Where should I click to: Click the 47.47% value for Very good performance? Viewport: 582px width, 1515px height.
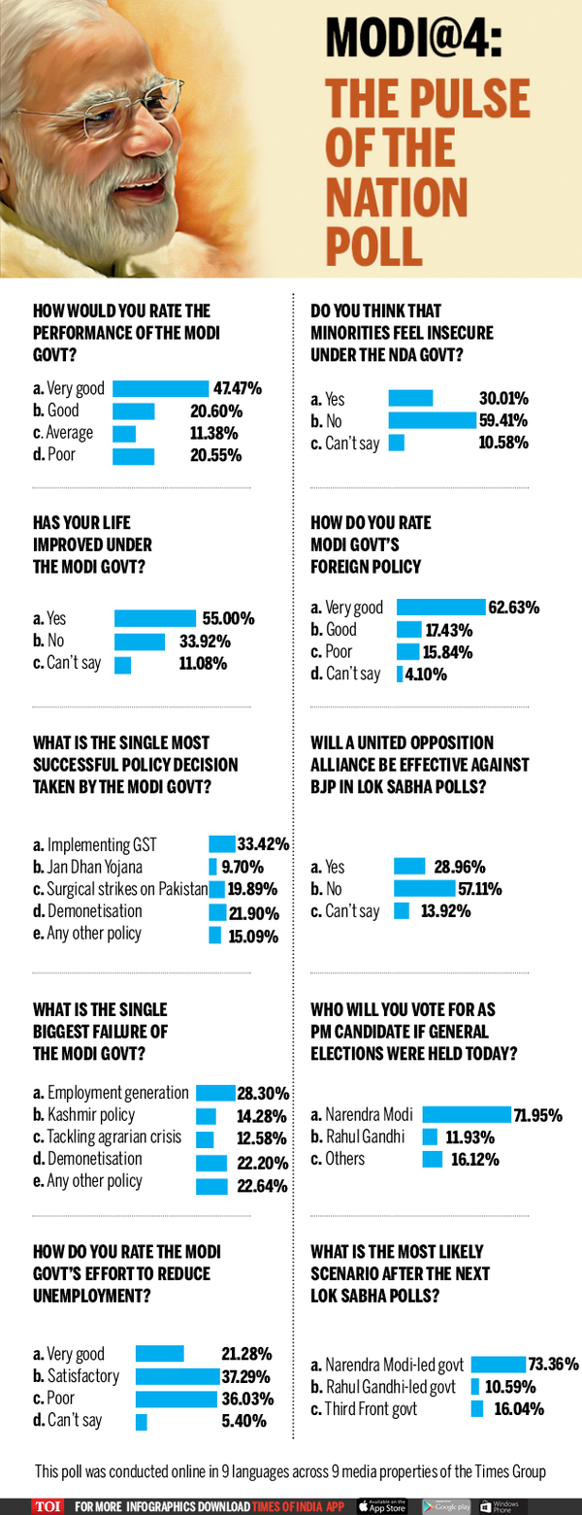tap(238, 388)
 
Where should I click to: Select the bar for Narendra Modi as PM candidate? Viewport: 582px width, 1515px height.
tap(467, 1115)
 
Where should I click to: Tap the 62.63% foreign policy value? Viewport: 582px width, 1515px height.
tap(514, 609)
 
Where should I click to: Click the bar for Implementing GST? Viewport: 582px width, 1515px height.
tap(223, 844)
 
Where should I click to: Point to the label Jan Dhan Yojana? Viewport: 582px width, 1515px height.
tap(94, 867)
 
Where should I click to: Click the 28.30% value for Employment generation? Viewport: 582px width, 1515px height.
tap(265, 1093)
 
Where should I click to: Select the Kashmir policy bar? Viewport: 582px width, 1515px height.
tap(206, 1116)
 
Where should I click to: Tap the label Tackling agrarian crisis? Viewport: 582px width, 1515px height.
tap(114, 1137)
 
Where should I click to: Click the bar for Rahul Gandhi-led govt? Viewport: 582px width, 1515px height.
tap(476, 1387)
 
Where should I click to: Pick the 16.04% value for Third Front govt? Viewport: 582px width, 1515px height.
tap(519, 1409)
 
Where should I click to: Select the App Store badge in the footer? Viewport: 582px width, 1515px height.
tap(384, 1505)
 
